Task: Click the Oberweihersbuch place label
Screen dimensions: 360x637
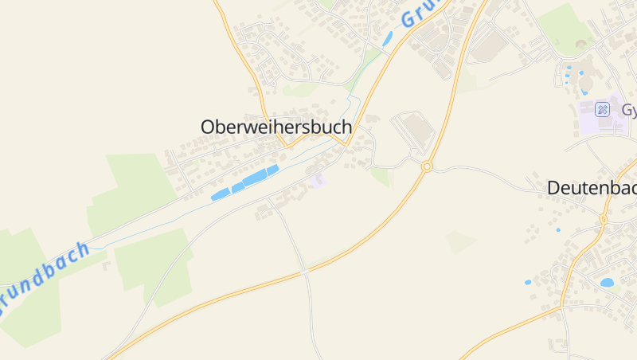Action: (x=276, y=127)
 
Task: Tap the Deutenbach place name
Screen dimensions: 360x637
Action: (x=592, y=188)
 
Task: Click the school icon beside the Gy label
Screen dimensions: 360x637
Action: (x=603, y=109)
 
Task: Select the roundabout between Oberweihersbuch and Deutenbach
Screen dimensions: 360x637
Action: (x=427, y=166)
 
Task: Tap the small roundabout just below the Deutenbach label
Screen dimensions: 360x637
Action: (x=603, y=218)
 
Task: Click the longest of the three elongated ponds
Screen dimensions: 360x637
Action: (x=260, y=177)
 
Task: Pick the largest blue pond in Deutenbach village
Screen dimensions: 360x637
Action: (x=607, y=282)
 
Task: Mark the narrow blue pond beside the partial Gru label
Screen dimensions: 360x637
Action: (x=388, y=38)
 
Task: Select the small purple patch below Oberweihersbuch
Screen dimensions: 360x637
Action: (x=318, y=181)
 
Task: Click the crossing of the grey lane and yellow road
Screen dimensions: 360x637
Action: (x=305, y=272)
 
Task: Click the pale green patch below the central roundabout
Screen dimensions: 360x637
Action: (x=462, y=241)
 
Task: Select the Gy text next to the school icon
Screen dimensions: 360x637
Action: (x=629, y=110)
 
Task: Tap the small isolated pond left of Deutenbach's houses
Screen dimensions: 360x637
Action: (x=528, y=282)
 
